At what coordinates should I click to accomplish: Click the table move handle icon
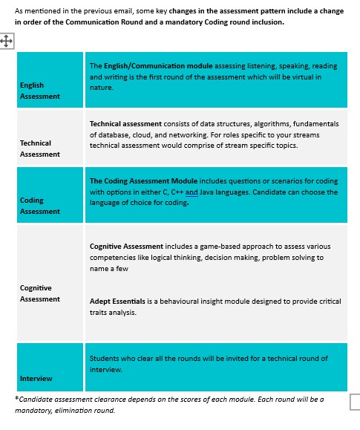[x=8, y=42]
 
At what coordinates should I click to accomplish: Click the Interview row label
[x=36, y=379]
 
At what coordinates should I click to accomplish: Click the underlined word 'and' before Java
[x=192, y=192]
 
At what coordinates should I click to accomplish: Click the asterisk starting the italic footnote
[x=17, y=399]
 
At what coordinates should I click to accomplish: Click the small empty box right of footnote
[x=355, y=402]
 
